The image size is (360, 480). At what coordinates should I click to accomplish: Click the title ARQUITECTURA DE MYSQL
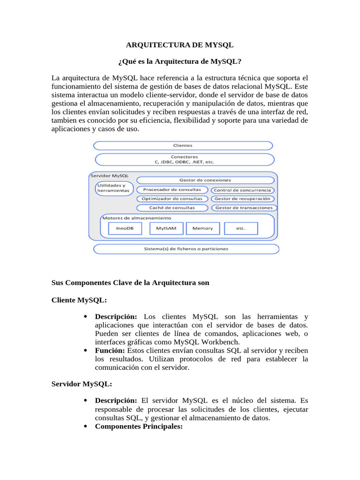click(180, 45)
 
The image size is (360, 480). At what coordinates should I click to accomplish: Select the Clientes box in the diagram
click(183, 146)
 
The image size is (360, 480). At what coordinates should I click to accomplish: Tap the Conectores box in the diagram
click(184, 159)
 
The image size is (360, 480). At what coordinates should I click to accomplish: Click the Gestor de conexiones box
click(205, 180)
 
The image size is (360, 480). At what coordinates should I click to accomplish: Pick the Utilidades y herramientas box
click(114, 188)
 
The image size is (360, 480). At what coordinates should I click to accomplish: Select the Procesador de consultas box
click(172, 190)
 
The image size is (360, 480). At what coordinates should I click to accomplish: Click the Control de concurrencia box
click(242, 190)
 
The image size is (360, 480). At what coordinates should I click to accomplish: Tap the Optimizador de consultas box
click(172, 199)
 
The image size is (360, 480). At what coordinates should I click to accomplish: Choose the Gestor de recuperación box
click(242, 199)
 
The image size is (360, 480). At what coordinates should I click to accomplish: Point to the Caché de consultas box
click(172, 208)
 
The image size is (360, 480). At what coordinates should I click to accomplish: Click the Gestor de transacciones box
click(244, 208)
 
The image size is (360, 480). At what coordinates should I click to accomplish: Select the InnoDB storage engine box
click(125, 228)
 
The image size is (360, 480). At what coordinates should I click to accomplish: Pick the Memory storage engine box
click(202, 228)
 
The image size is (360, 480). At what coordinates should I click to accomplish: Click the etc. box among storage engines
click(241, 228)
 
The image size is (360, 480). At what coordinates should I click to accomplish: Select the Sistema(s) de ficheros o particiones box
click(186, 249)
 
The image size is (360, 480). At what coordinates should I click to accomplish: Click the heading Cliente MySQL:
click(79, 300)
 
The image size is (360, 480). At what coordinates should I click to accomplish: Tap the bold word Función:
click(110, 350)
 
